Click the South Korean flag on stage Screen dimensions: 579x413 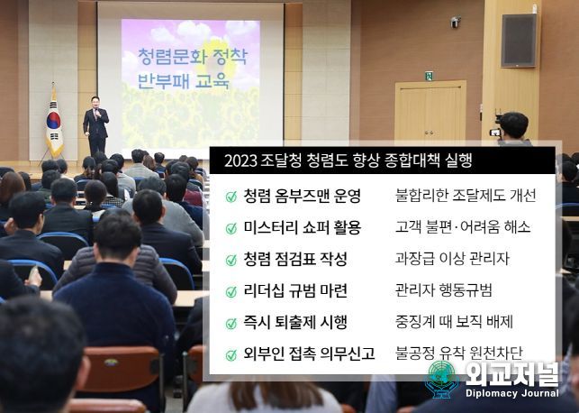point(54,124)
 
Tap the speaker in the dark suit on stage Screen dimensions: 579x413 point(95,125)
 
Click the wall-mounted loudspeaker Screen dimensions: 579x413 point(519,41)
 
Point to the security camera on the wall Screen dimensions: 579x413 point(455,22)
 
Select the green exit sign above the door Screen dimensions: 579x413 point(429,76)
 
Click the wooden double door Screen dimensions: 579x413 point(430,111)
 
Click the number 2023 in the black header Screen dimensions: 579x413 point(240,161)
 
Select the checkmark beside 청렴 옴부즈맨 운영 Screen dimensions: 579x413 point(231,197)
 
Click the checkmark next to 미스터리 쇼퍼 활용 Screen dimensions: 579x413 point(231,228)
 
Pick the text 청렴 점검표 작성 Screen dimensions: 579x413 point(295,259)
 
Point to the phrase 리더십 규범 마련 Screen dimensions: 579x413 point(295,290)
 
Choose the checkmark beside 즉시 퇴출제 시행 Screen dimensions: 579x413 point(231,324)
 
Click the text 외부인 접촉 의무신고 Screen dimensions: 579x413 point(309,353)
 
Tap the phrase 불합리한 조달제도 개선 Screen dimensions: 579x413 point(466,195)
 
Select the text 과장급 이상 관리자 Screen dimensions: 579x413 point(452,259)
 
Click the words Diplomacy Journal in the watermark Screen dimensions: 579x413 point(512,393)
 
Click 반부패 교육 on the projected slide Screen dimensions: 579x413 point(184,80)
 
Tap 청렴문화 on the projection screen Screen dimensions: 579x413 point(166,56)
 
